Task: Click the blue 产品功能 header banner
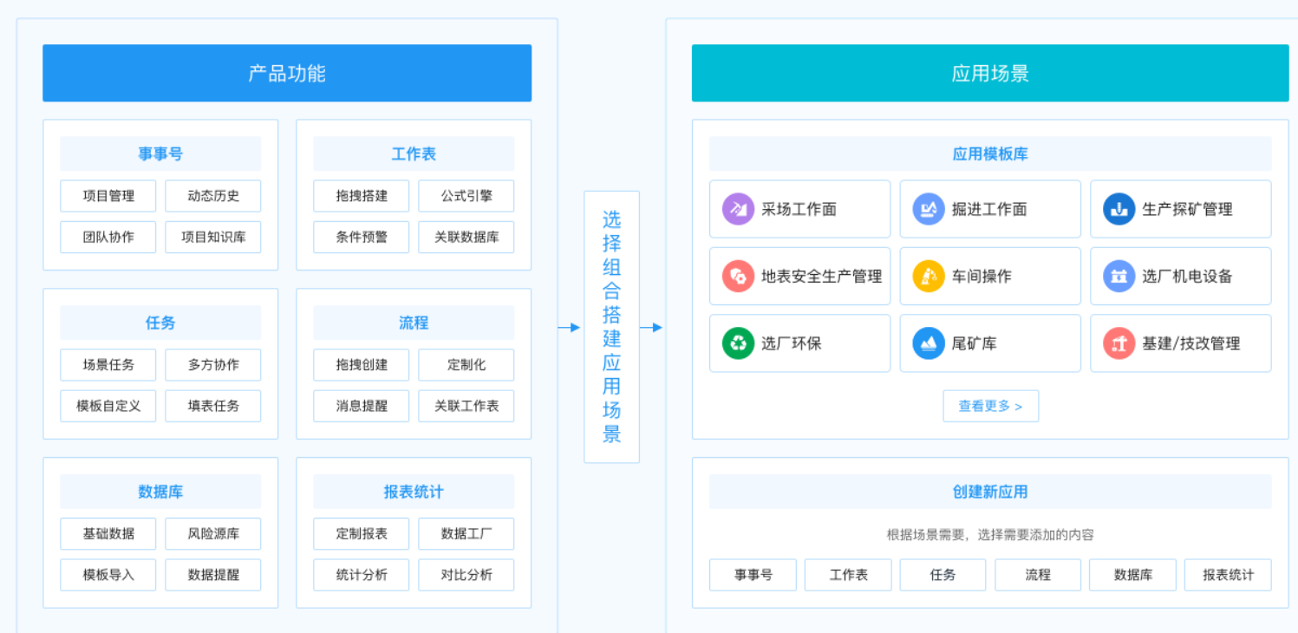(287, 73)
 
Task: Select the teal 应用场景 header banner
(989, 73)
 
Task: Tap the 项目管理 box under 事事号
(108, 196)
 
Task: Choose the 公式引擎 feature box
(466, 196)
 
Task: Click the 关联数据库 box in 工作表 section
(466, 237)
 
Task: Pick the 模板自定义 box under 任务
(108, 406)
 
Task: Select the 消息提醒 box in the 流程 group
(361, 406)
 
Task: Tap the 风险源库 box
(212, 533)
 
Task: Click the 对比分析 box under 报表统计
(466, 574)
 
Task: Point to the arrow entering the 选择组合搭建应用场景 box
(569, 328)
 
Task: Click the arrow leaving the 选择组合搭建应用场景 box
(651, 328)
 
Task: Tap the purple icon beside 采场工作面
(738, 209)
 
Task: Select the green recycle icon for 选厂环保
(738, 343)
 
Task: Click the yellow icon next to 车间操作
(929, 276)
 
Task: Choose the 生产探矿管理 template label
(1187, 209)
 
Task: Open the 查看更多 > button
(990, 406)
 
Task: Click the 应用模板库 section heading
(989, 154)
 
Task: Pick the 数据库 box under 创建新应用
(1132, 574)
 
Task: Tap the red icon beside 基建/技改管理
(1119, 343)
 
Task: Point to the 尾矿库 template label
(974, 343)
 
